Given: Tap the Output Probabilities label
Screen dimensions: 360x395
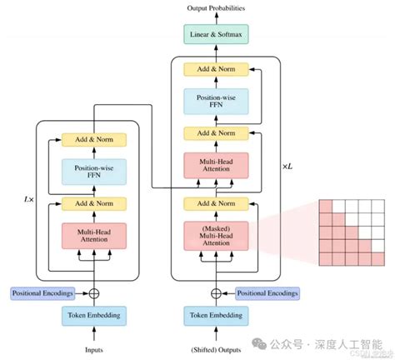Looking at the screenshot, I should tap(217, 8).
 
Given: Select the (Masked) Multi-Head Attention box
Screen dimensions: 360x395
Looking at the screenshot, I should tap(217, 235).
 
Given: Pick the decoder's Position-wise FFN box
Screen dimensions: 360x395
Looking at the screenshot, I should tap(217, 102).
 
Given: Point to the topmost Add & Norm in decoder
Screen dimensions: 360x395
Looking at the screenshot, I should tap(217, 70).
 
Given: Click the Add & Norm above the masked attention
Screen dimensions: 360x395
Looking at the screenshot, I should tap(217, 202).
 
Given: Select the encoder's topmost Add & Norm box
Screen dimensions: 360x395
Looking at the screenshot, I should tap(93, 138).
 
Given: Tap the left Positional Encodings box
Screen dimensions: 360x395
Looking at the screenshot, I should tap(42, 292).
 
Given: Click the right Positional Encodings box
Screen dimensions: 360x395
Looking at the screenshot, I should tap(267, 292).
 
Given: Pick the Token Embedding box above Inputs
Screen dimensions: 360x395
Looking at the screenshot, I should tap(93, 315).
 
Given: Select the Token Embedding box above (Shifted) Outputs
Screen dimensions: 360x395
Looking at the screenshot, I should tap(217, 315).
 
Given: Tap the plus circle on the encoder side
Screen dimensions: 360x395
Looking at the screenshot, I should tap(93, 292).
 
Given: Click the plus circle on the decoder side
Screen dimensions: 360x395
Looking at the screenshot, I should tap(217, 292).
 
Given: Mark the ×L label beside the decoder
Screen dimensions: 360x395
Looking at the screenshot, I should tap(288, 167).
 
